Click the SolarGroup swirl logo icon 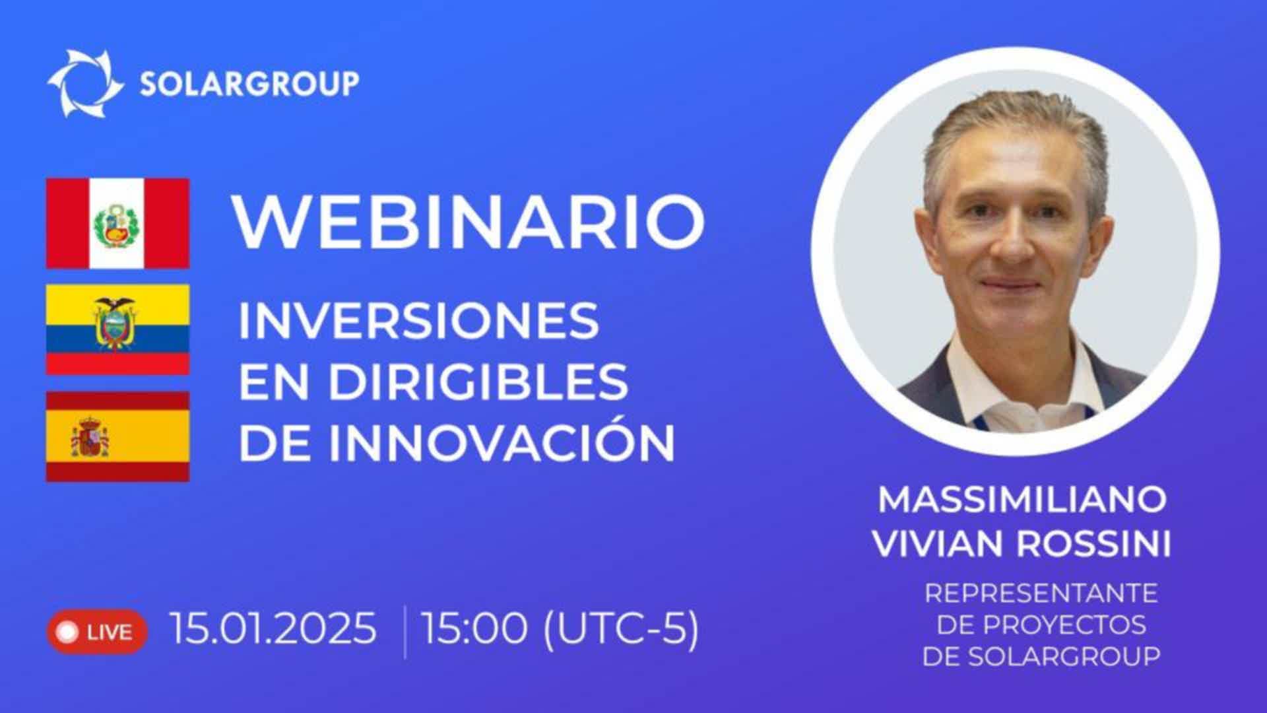pos(85,84)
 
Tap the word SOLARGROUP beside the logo pos(249,84)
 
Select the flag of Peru pos(117,223)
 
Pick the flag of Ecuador pos(117,329)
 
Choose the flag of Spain pos(117,436)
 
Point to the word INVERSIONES pos(418,320)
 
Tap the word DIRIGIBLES pos(478,381)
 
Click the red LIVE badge pos(96,632)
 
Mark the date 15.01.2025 pos(273,628)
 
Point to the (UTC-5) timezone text pos(620,628)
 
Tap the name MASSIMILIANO pos(1022,500)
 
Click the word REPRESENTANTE pos(1041,593)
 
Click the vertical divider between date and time pos(405,632)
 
